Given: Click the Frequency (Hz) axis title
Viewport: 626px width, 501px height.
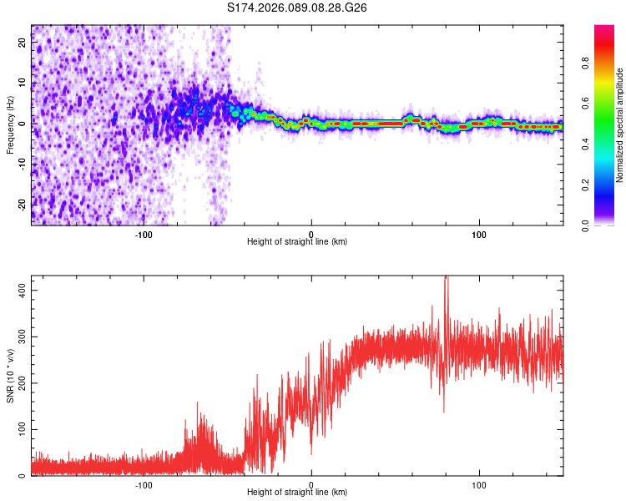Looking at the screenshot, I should [10, 125].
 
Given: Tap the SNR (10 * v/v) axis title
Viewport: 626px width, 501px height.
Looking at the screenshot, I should [10, 376].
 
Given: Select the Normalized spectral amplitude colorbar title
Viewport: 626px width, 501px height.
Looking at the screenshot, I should [619, 125].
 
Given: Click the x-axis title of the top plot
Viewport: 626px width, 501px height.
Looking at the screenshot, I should [297, 241].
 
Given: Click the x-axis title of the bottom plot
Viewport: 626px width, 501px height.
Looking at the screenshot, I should [297, 492].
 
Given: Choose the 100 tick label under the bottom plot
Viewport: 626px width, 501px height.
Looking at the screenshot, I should [479, 483].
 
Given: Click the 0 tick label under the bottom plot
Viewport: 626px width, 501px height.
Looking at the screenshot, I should [311, 483].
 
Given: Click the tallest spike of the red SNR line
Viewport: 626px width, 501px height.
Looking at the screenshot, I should [446, 279].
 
